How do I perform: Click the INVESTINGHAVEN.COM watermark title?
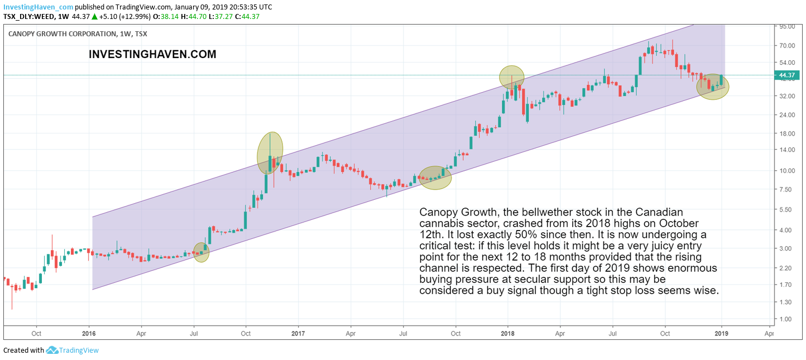click(152, 55)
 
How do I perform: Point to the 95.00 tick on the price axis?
click(788, 26)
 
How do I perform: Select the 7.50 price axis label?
click(786, 190)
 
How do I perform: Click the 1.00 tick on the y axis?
click(786, 319)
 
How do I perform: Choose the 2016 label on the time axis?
click(89, 334)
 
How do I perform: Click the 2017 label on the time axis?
click(298, 334)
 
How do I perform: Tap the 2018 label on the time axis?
click(507, 334)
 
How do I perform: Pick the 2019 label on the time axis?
click(722, 334)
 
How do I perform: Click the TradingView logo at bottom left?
click(73, 351)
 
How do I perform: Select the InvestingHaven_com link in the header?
click(38, 7)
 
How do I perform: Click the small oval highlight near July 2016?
click(201, 252)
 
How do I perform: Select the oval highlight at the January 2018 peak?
click(512, 77)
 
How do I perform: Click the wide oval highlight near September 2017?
click(435, 177)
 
